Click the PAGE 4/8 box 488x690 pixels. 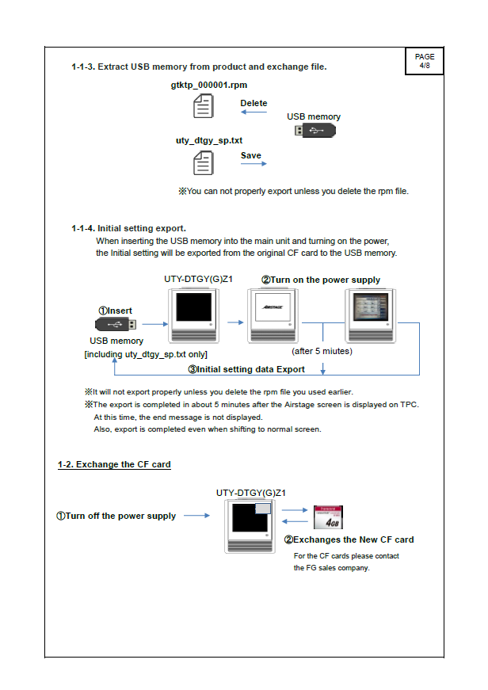(425, 61)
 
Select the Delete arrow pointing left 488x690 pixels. (254, 112)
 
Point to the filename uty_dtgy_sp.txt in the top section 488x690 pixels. (208, 140)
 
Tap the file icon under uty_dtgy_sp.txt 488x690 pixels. (204, 162)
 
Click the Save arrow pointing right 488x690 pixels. (254, 165)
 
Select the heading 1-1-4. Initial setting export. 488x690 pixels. (128, 228)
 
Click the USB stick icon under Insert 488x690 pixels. (116, 324)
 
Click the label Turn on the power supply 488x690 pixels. (321, 280)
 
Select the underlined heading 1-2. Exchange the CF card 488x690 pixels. (114, 464)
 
